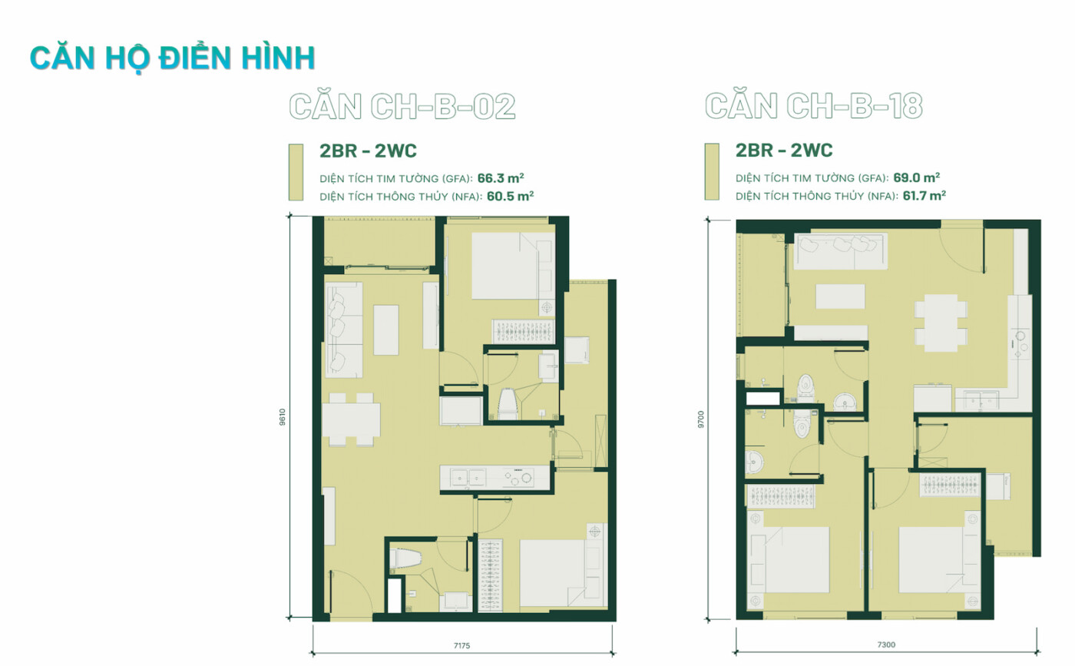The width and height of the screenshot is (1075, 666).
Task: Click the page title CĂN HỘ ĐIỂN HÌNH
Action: pyautogui.click(x=172, y=58)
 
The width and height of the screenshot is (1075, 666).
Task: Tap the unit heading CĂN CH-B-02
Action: pyautogui.click(x=402, y=106)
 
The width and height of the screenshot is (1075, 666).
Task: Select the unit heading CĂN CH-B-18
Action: pyautogui.click(x=813, y=106)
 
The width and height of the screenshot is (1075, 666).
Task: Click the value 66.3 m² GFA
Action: pyautogui.click(x=501, y=178)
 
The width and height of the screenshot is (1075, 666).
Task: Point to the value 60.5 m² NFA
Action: pyautogui.click(x=510, y=196)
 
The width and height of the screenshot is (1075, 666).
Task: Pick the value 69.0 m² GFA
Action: pyautogui.click(x=916, y=177)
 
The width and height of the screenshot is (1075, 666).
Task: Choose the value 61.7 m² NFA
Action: pyautogui.click(x=925, y=195)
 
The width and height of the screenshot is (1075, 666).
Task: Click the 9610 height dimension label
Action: pyautogui.click(x=283, y=417)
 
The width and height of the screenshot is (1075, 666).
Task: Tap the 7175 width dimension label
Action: pyautogui.click(x=461, y=646)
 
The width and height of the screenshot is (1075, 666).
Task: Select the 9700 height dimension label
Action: pyautogui.click(x=700, y=419)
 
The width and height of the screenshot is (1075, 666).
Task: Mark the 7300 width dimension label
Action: pyautogui.click(x=886, y=644)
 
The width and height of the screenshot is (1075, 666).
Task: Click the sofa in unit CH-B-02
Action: pyautogui.click(x=344, y=330)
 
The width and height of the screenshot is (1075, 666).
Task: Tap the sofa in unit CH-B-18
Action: pyautogui.click(x=840, y=250)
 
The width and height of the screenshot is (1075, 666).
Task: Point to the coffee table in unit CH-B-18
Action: pyautogui.click(x=840, y=297)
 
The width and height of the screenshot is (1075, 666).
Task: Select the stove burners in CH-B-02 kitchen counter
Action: pyautogui.click(x=518, y=477)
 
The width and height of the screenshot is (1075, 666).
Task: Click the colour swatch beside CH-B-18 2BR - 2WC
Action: pyautogui.click(x=712, y=171)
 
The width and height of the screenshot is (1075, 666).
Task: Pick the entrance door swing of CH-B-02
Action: pyautogui.click(x=350, y=591)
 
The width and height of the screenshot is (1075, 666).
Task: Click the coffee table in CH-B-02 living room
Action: pyautogui.click(x=385, y=330)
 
